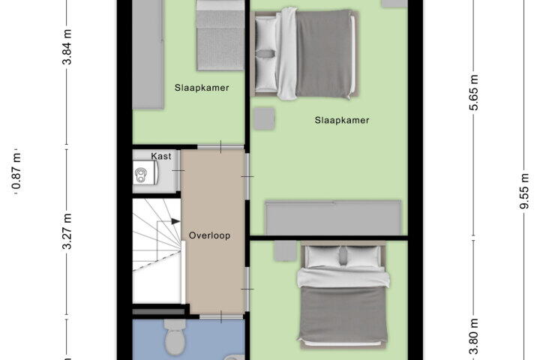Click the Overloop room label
click(x=209, y=235)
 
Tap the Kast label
click(x=161, y=157)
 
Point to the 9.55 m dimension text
click(x=523, y=191)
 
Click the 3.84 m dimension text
click(x=67, y=47)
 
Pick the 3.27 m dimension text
click(x=67, y=231)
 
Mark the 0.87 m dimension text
click(x=16, y=171)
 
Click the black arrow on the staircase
click(x=175, y=221)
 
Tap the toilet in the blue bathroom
click(x=175, y=337)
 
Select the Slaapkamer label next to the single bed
click(x=202, y=88)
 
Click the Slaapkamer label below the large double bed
click(x=342, y=120)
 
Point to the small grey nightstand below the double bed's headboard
click(x=265, y=118)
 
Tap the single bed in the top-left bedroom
click(x=220, y=35)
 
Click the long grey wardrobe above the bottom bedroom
click(x=333, y=217)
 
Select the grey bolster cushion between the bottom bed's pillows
click(x=343, y=256)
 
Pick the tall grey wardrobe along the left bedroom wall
click(x=148, y=55)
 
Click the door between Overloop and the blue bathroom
click(x=221, y=316)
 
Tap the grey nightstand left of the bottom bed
click(x=285, y=250)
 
